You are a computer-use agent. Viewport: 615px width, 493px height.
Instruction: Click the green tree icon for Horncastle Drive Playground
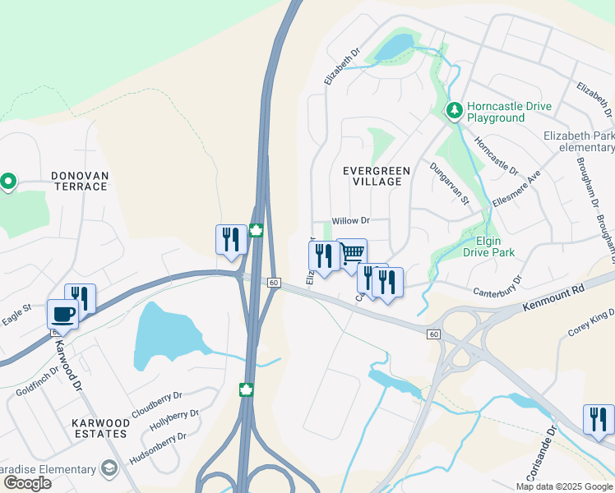[x=453, y=110]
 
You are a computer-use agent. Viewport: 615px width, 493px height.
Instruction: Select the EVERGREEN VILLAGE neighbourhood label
[x=377, y=176]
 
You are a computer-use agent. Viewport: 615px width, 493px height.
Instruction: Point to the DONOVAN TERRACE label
[x=67, y=181]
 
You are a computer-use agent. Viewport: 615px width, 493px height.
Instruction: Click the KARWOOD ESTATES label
[x=99, y=427]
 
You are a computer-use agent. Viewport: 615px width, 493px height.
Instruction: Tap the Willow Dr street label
[x=351, y=221]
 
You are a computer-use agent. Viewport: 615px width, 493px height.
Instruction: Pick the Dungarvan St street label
[x=449, y=182]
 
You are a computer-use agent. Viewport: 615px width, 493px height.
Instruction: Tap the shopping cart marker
[x=352, y=253]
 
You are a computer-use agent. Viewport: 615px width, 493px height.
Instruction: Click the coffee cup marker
[x=62, y=314]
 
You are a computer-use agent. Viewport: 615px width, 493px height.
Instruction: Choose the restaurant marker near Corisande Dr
[x=598, y=419]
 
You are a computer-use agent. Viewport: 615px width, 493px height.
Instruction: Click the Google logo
[x=27, y=483]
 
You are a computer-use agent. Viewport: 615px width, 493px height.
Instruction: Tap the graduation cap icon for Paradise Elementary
[x=109, y=469]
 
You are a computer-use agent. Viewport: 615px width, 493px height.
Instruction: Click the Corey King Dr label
[x=591, y=322]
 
